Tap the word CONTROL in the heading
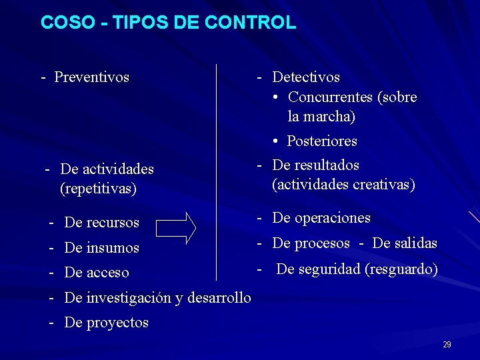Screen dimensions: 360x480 251,23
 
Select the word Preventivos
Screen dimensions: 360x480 91,77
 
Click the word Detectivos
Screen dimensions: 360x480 306,77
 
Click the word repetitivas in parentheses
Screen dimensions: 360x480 98,189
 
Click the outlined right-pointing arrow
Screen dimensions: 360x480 176,227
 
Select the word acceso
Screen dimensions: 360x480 107,273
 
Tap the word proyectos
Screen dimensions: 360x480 117,323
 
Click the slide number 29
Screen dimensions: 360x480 447,345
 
